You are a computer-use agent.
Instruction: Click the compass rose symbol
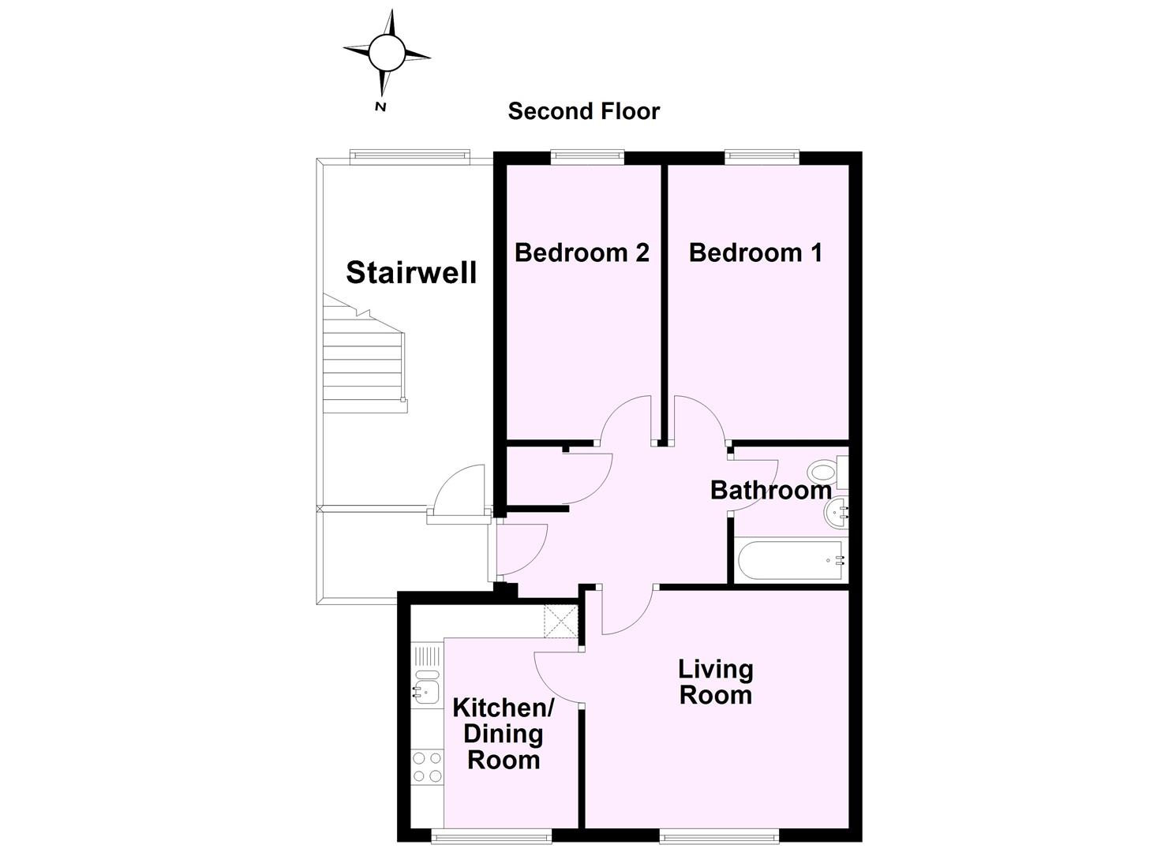(x=387, y=53)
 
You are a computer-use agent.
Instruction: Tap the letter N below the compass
(x=380, y=106)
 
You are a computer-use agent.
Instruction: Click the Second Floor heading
(x=583, y=111)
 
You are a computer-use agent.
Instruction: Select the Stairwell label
(x=411, y=272)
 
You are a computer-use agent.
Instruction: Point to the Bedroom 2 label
(x=582, y=252)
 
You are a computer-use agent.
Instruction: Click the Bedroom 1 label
(x=755, y=252)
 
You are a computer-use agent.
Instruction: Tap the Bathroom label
(x=770, y=490)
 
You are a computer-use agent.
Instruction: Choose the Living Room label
(x=716, y=682)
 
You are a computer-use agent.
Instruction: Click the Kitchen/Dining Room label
(x=504, y=734)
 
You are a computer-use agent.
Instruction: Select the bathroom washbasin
(x=837, y=515)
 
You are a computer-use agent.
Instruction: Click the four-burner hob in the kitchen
(x=428, y=767)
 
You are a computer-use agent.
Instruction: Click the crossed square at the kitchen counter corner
(x=561, y=621)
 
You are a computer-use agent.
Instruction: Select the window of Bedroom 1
(x=762, y=157)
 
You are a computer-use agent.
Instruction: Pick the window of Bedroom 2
(x=587, y=157)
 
